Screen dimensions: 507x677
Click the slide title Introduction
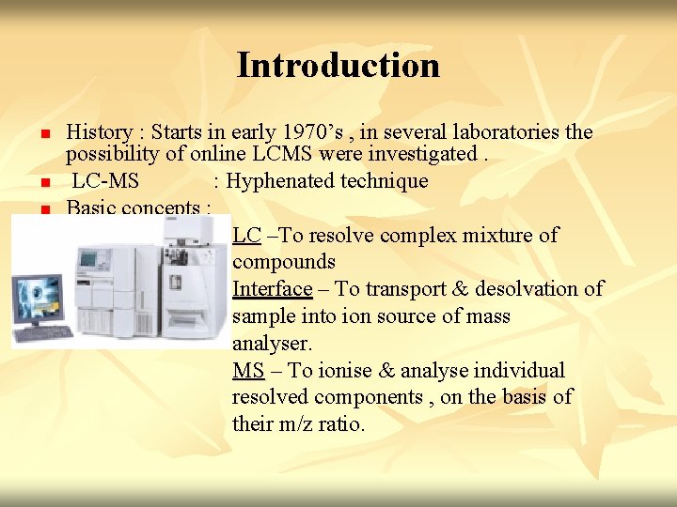pos(338,65)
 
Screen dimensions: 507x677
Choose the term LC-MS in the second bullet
pos(104,181)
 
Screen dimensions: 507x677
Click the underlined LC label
pos(246,236)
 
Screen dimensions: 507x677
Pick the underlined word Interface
pos(272,289)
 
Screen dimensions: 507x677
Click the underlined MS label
pos(248,371)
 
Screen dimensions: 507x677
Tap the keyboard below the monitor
pos(43,333)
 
